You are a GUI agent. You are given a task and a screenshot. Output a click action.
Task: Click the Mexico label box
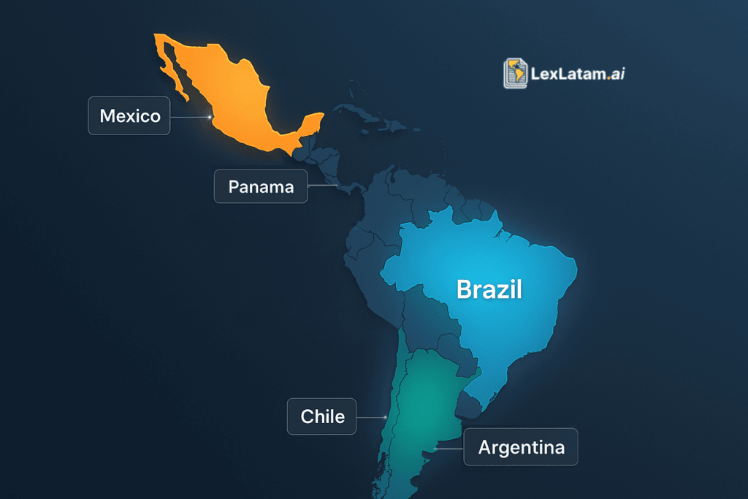pyautogui.click(x=129, y=115)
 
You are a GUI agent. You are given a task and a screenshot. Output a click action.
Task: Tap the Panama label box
pyautogui.click(x=261, y=186)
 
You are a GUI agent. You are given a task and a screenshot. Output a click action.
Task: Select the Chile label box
pyautogui.click(x=321, y=416)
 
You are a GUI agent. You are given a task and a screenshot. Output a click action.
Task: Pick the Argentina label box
pyautogui.click(x=521, y=447)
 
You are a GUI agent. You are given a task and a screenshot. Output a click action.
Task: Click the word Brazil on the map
pyautogui.click(x=489, y=289)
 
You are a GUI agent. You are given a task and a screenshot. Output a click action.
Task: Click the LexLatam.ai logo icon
pyautogui.click(x=516, y=73)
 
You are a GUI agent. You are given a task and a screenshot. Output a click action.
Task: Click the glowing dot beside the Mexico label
pyautogui.click(x=210, y=116)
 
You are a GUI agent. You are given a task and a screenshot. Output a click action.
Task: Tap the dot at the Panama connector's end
pyautogui.click(x=337, y=186)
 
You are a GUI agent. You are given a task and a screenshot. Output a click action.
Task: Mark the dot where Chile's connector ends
pyautogui.click(x=384, y=417)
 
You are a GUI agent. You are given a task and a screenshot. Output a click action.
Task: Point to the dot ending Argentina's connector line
pyautogui.click(x=433, y=449)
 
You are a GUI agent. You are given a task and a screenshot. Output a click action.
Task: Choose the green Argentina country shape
pyautogui.click(x=424, y=409)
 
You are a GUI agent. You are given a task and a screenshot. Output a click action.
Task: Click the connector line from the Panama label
pyautogui.click(x=321, y=186)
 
